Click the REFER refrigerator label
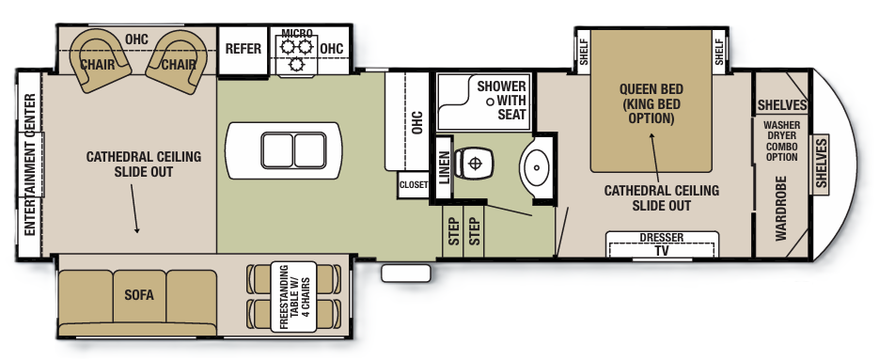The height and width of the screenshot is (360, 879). [x=243, y=50]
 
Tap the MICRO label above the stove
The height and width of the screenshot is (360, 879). [x=297, y=34]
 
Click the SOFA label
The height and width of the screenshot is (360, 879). [x=138, y=294]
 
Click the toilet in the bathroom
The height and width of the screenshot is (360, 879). [x=474, y=164]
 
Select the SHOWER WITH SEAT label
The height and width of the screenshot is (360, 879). [x=501, y=100]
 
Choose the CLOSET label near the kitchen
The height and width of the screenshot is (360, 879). [x=413, y=185]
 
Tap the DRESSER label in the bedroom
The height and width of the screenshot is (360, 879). [x=662, y=238]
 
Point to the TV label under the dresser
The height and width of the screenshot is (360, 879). [x=662, y=251]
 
